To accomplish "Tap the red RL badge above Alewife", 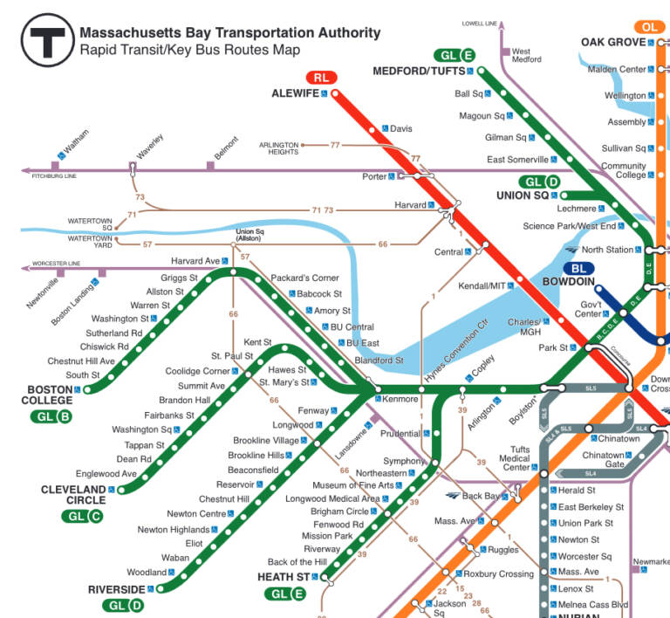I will coord(322,77).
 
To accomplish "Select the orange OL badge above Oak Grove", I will coord(649,27).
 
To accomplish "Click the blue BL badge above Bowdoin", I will coord(578,268).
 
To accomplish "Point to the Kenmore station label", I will coord(400,399).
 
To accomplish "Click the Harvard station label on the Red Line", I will coord(409,205).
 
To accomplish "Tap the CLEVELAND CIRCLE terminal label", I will coord(72,495).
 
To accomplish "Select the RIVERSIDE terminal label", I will coord(115,589).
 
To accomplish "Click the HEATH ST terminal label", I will coord(284,577).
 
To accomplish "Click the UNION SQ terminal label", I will coord(523,196).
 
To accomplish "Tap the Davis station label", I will coord(400,128).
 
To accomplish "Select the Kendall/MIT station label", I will coord(482,285).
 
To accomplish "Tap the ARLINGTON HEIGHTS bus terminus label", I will coord(278,148).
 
